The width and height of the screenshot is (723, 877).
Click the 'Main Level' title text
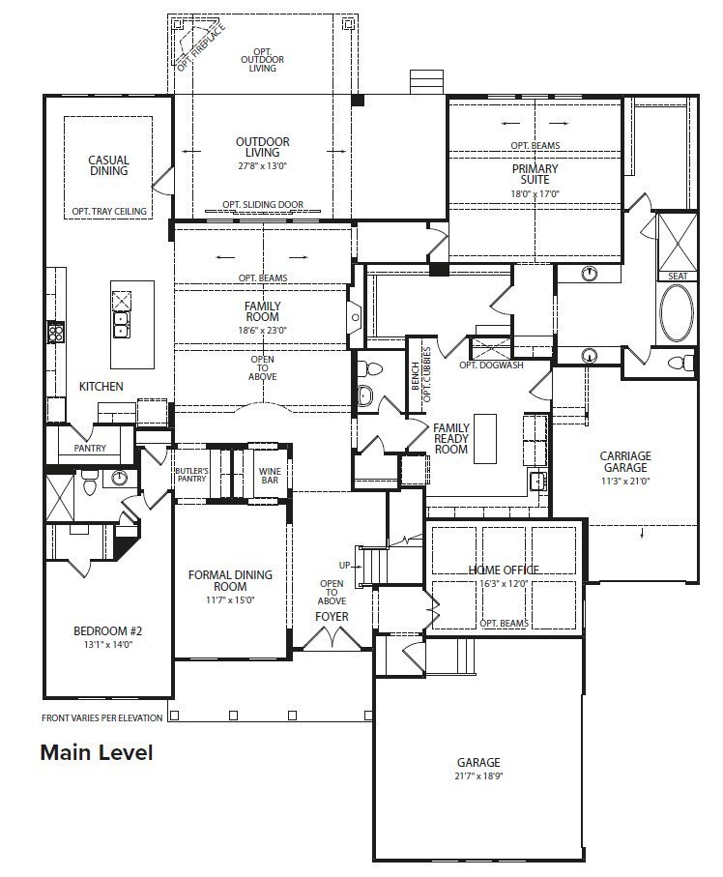click(x=96, y=752)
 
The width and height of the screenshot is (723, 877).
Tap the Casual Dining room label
click(x=108, y=166)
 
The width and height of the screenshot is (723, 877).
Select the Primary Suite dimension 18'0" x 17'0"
click(x=535, y=193)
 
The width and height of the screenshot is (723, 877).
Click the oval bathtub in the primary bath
click(x=676, y=314)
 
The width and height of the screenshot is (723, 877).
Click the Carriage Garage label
click(x=625, y=462)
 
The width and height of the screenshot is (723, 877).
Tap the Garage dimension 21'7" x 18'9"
click(x=478, y=776)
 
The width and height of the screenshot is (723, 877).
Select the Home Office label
click(x=504, y=570)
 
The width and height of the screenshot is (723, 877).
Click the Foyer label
click(x=332, y=616)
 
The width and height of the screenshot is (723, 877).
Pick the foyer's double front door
click(x=332, y=638)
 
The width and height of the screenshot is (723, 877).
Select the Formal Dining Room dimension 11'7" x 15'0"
click(x=230, y=599)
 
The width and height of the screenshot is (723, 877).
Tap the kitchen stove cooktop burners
click(x=56, y=334)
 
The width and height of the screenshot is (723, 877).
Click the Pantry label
click(x=89, y=449)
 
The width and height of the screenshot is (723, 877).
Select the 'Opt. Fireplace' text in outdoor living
click(x=201, y=47)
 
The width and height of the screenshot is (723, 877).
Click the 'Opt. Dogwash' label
click(x=482, y=365)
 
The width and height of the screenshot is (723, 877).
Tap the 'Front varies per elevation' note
click(x=101, y=717)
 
